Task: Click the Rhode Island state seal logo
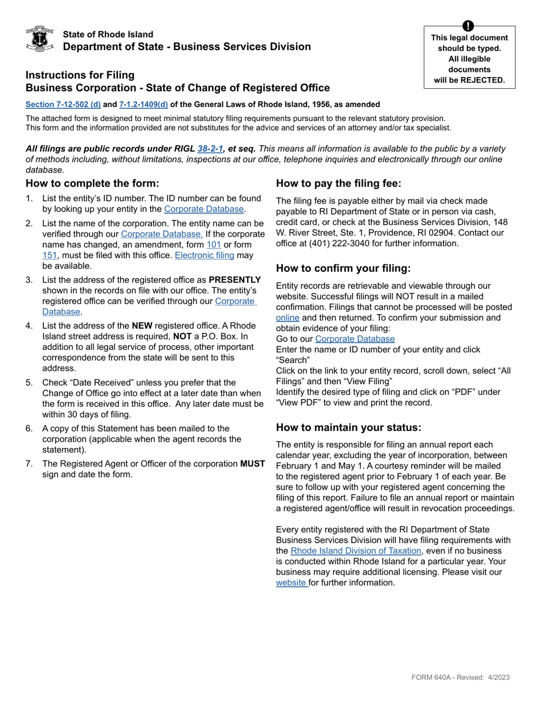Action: pyautogui.click(x=40, y=39)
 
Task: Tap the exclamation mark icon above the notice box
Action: pyautogui.click(x=468, y=26)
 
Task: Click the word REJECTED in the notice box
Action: pyautogui.click(x=483, y=80)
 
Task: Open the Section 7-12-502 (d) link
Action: pyautogui.click(x=63, y=104)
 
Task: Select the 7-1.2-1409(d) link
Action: pyautogui.click(x=144, y=104)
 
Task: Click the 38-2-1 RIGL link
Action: pyautogui.click(x=210, y=149)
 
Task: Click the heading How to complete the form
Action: pyautogui.click(x=92, y=184)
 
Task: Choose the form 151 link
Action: pyautogui.click(x=50, y=255)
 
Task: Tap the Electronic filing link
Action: pyautogui.click(x=204, y=255)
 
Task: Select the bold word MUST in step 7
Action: pyautogui.click(x=252, y=464)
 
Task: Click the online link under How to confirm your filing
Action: pyautogui.click(x=287, y=317)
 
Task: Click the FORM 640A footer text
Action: pyautogui.click(x=460, y=677)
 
